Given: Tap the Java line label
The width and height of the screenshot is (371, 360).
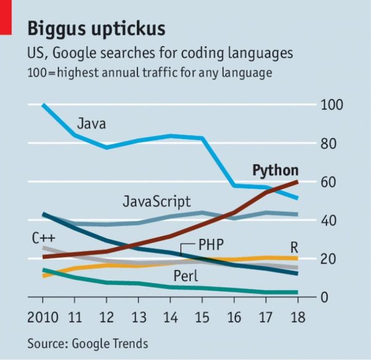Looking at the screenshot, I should pyautogui.click(x=92, y=124).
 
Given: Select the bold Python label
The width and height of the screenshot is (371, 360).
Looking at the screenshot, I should pyautogui.click(x=276, y=171).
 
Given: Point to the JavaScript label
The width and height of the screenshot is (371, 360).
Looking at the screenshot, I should pyautogui.click(x=156, y=201).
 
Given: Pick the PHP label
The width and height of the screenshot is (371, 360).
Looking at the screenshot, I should pyautogui.click(x=210, y=244).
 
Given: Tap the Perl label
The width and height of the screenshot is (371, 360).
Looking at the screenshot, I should pyautogui.click(x=185, y=275).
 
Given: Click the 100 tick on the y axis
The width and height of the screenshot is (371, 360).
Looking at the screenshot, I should pyautogui.click(x=330, y=105).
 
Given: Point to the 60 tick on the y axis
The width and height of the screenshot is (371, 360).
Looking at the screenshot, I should pyautogui.click(x=326, y=182).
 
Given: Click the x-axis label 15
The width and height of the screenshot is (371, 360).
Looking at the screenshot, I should pyautogui.click(x=202, y=318).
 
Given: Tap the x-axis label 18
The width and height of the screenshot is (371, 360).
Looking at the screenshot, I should pyautogui.click(x=297, y=318).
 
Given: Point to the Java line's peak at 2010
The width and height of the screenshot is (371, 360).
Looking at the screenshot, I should pyautogui.click(x=43, y=105).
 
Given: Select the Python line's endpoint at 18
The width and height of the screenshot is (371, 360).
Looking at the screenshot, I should pyautogui.click(x=297, y=181).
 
